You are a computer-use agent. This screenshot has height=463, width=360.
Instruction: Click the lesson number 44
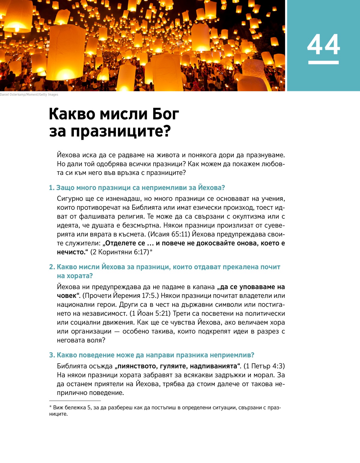click(x=323, y=45)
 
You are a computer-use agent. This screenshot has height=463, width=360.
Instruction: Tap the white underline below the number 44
click(x=323, y=62)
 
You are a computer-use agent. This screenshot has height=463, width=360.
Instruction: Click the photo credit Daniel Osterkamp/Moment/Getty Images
click(x=29, y=95)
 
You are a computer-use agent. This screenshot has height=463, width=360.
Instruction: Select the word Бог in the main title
click(x=166, y=114)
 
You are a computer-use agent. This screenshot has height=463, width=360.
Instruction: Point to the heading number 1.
click(x=52, y=188)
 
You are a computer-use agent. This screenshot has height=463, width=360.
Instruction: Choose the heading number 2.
click(x=52, y=267)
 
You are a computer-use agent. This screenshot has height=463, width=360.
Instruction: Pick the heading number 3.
click(x=52, y=355)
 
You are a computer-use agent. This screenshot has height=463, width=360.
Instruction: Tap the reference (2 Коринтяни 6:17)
click(x=120, y=252)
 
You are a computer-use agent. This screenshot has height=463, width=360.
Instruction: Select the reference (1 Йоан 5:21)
click(x=150, y=314)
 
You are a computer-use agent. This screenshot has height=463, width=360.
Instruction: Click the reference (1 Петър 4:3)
click(x=264, y=366)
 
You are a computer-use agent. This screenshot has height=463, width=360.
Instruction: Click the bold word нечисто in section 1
click(x=71, y=252)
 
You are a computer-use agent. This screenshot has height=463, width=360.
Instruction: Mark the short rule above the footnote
click(x=75, y=401)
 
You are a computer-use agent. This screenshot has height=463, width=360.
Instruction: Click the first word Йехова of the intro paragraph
click(x=68, y=155)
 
